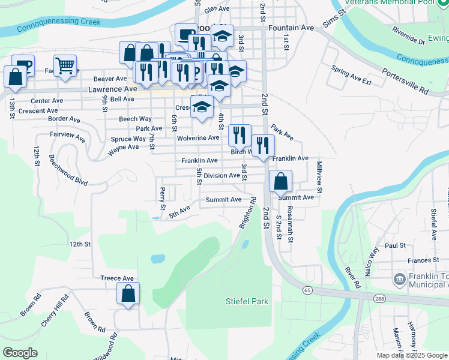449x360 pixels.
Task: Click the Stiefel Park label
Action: click(247, 301)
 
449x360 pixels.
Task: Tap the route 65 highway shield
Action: click(307, 290)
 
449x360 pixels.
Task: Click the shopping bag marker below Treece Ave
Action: click(128, 294)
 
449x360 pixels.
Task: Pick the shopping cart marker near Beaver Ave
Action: click(65, 65)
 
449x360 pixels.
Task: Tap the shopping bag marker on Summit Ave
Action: click(280, 181)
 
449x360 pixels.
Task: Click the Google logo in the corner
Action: click(20, 353)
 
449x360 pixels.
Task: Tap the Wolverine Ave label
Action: click(198, 137)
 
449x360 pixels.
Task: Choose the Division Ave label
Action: click(221, 176)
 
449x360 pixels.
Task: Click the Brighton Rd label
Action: click(247, 213)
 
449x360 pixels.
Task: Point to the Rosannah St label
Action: click(290, 224)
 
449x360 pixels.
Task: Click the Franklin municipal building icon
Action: click(398, 280)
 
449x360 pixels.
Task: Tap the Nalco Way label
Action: click(371, 260)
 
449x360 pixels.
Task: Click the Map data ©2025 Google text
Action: click(412, 355)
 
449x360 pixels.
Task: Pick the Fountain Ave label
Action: click(292, 28)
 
